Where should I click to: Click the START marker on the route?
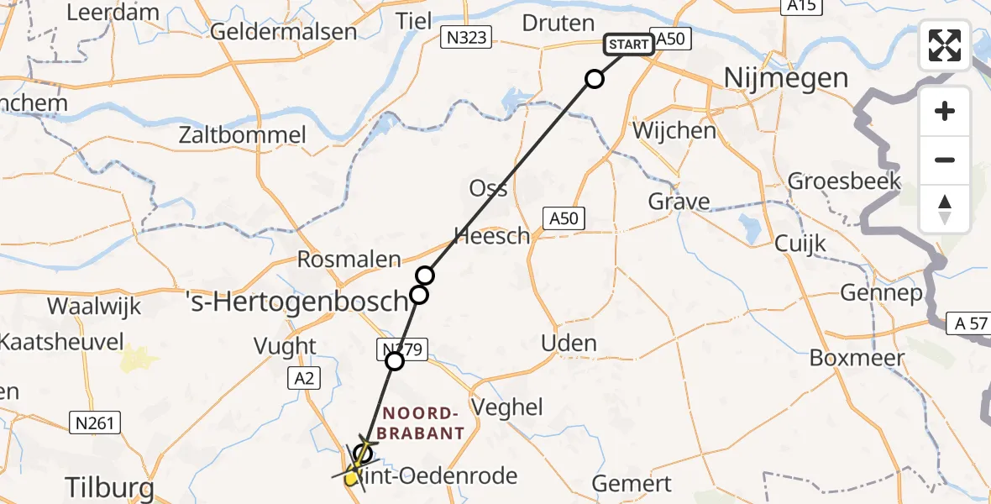(627, 44)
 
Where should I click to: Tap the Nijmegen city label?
(785, 79)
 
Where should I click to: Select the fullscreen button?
(945, 45)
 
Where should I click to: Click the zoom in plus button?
(945, 111)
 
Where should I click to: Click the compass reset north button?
(945, 208)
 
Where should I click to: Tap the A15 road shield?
(801, 6)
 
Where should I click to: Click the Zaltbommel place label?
(242, 135)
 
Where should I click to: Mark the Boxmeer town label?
(857, 358)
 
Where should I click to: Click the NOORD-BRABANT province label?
(422, 423)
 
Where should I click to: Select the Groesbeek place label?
(844, 181)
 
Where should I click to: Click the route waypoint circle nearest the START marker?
(594, 80)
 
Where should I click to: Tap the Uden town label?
(569, 343)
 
